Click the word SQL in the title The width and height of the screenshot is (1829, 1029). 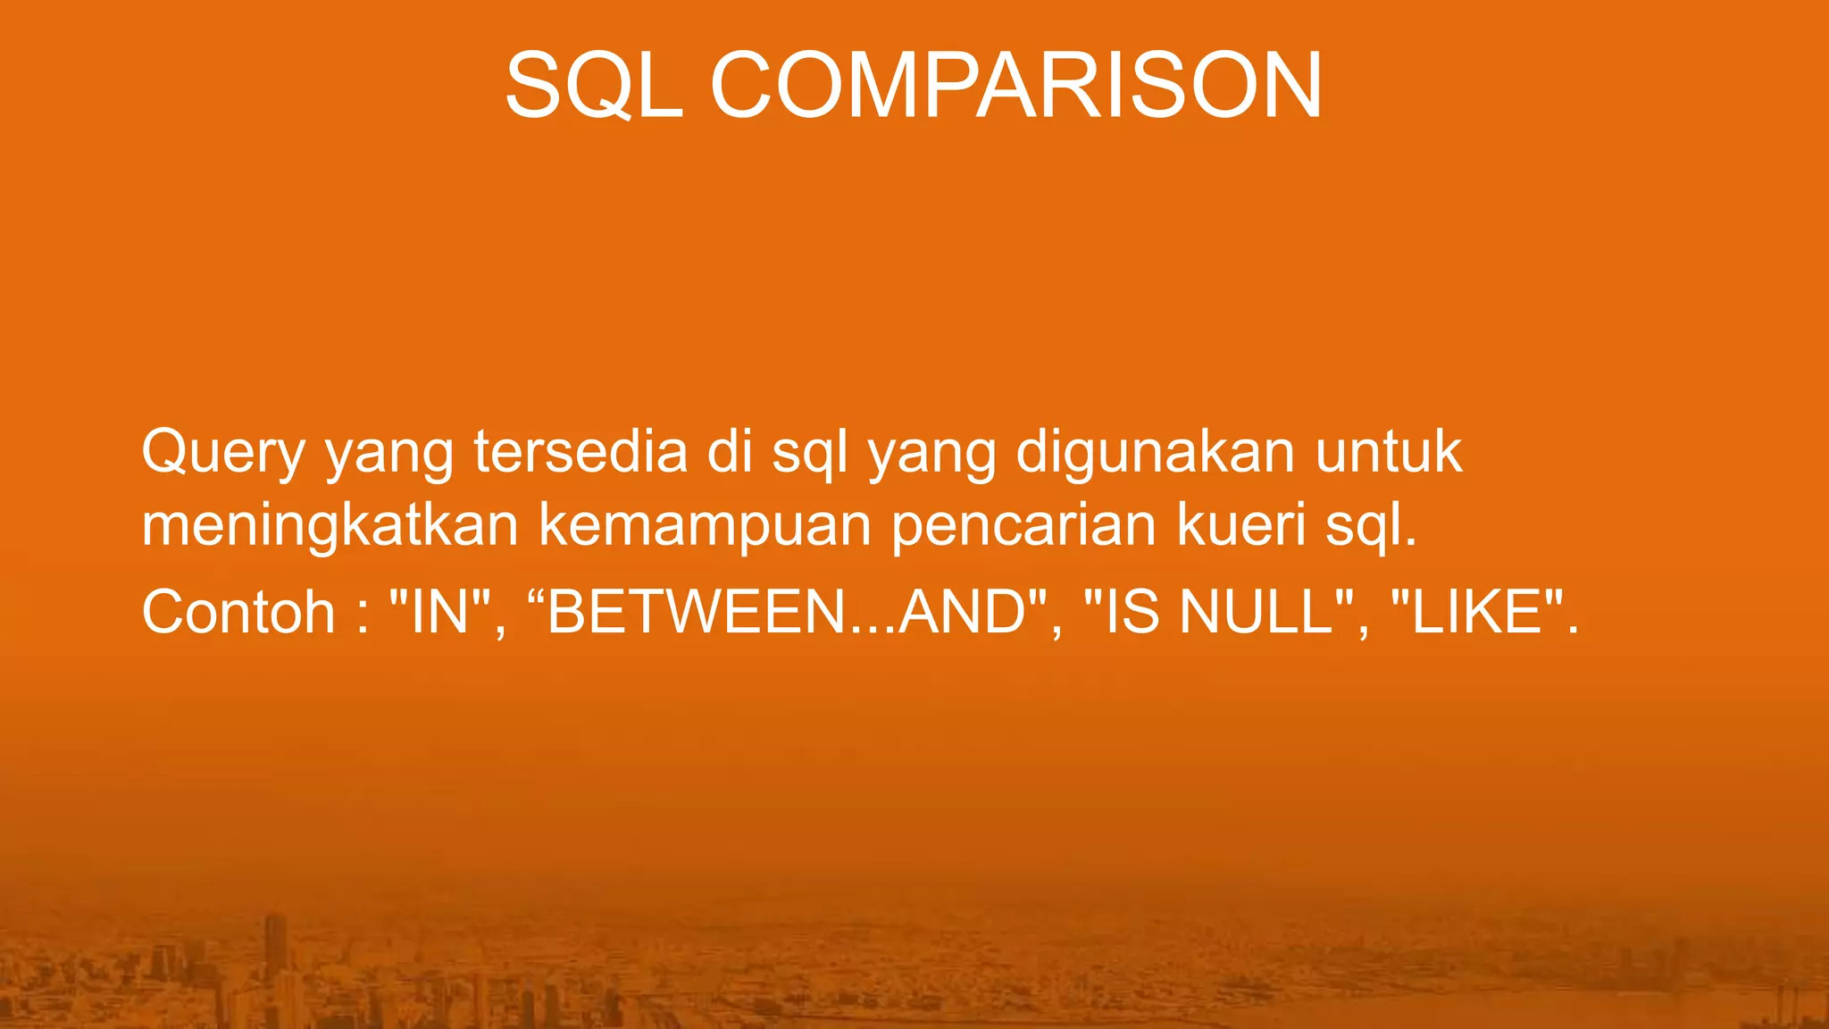[594, 87]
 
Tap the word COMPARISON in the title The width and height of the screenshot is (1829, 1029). [1016, 87]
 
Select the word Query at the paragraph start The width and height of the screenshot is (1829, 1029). [223, 454]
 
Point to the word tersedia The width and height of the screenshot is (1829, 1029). [580, 452]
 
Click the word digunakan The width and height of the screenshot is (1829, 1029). [1155, 454]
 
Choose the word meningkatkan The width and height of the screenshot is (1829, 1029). [330, 527]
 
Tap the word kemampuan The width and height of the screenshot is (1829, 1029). [705, 527]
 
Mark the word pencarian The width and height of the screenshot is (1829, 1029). [1023, 527]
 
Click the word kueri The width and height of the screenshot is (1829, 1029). [1241, 525]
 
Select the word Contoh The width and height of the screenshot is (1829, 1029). [238, 613]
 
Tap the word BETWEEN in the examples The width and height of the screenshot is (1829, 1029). [697, 613]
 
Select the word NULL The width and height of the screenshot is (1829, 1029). [1257, 613]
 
